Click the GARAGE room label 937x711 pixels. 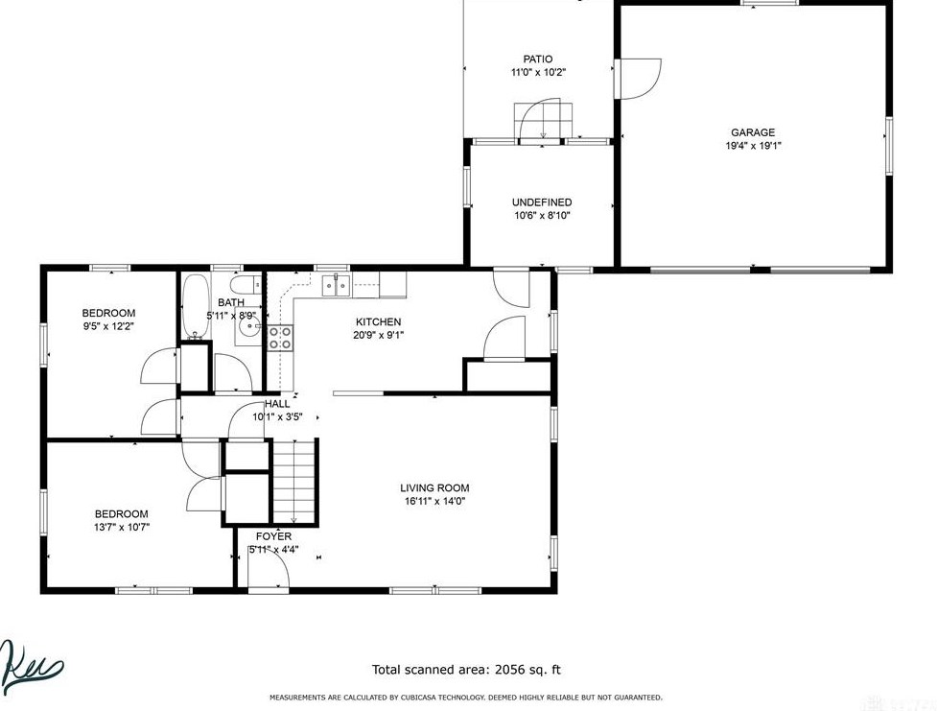(x=753, y=133)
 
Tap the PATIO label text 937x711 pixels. (x=537, y=59)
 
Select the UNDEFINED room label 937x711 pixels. (x=542, y=202)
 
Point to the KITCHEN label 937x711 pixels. (x=378, y=322)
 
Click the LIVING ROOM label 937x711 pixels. (x=435, y=488)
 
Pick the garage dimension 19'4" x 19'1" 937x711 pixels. (x=753, y=147)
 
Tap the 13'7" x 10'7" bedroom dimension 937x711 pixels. (x=121, y=527)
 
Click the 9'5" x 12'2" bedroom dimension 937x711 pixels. (x=108, y=326)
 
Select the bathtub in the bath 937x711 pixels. (x=195, y=307)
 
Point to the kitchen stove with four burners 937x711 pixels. (x=280, y=337)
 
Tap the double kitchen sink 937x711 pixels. (x=336, y=284)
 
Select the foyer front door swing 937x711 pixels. (x=269, y=572)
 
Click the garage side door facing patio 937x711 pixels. (x=638, y=79)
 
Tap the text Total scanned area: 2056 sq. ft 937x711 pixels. (x=465, y=670)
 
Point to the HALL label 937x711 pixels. (x=277, y=404)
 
